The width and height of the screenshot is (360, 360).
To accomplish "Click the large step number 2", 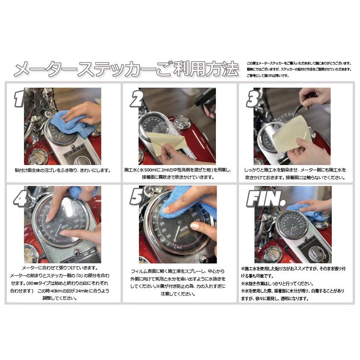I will coord(136,100).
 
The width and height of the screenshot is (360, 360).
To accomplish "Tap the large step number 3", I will coord(252,100).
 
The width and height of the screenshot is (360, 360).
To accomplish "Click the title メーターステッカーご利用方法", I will coord(126,69).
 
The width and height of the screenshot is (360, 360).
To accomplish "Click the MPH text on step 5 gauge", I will coord(185,230).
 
